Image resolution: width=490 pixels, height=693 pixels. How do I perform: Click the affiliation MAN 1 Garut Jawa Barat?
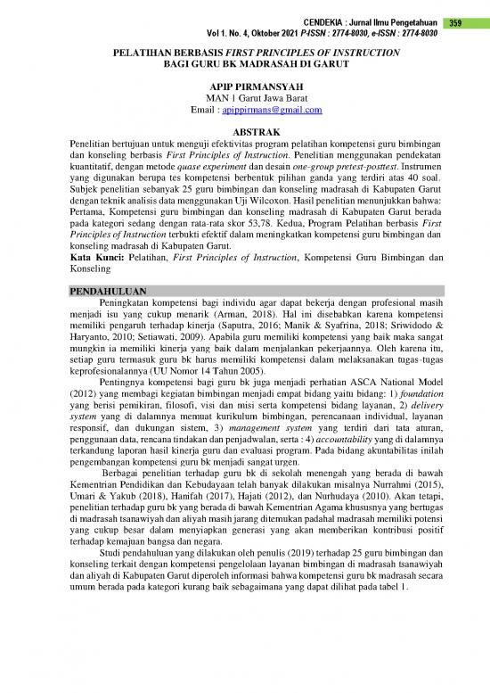pyautogui.click(x=244, y=100)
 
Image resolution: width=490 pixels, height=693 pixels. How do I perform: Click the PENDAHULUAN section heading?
pyautogui.click(x=108, y=292)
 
